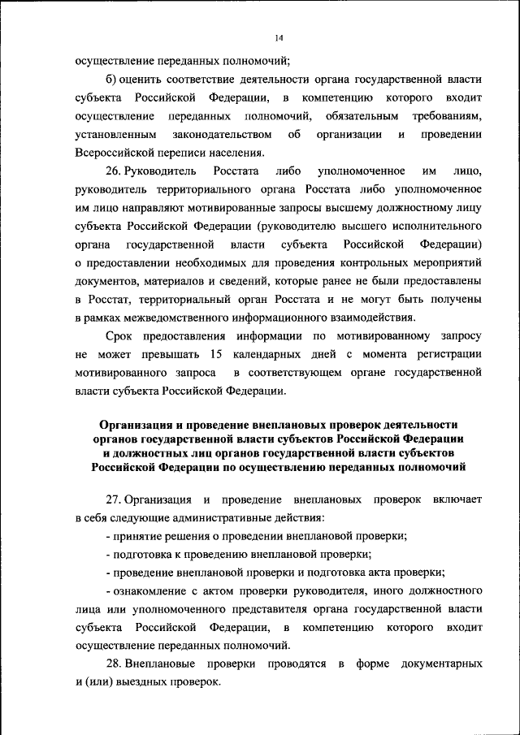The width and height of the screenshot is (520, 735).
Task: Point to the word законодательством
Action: coord(217,133)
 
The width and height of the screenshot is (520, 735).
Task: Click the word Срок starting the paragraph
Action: coord(119,336)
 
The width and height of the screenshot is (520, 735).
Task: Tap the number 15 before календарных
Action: coord(215,354)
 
